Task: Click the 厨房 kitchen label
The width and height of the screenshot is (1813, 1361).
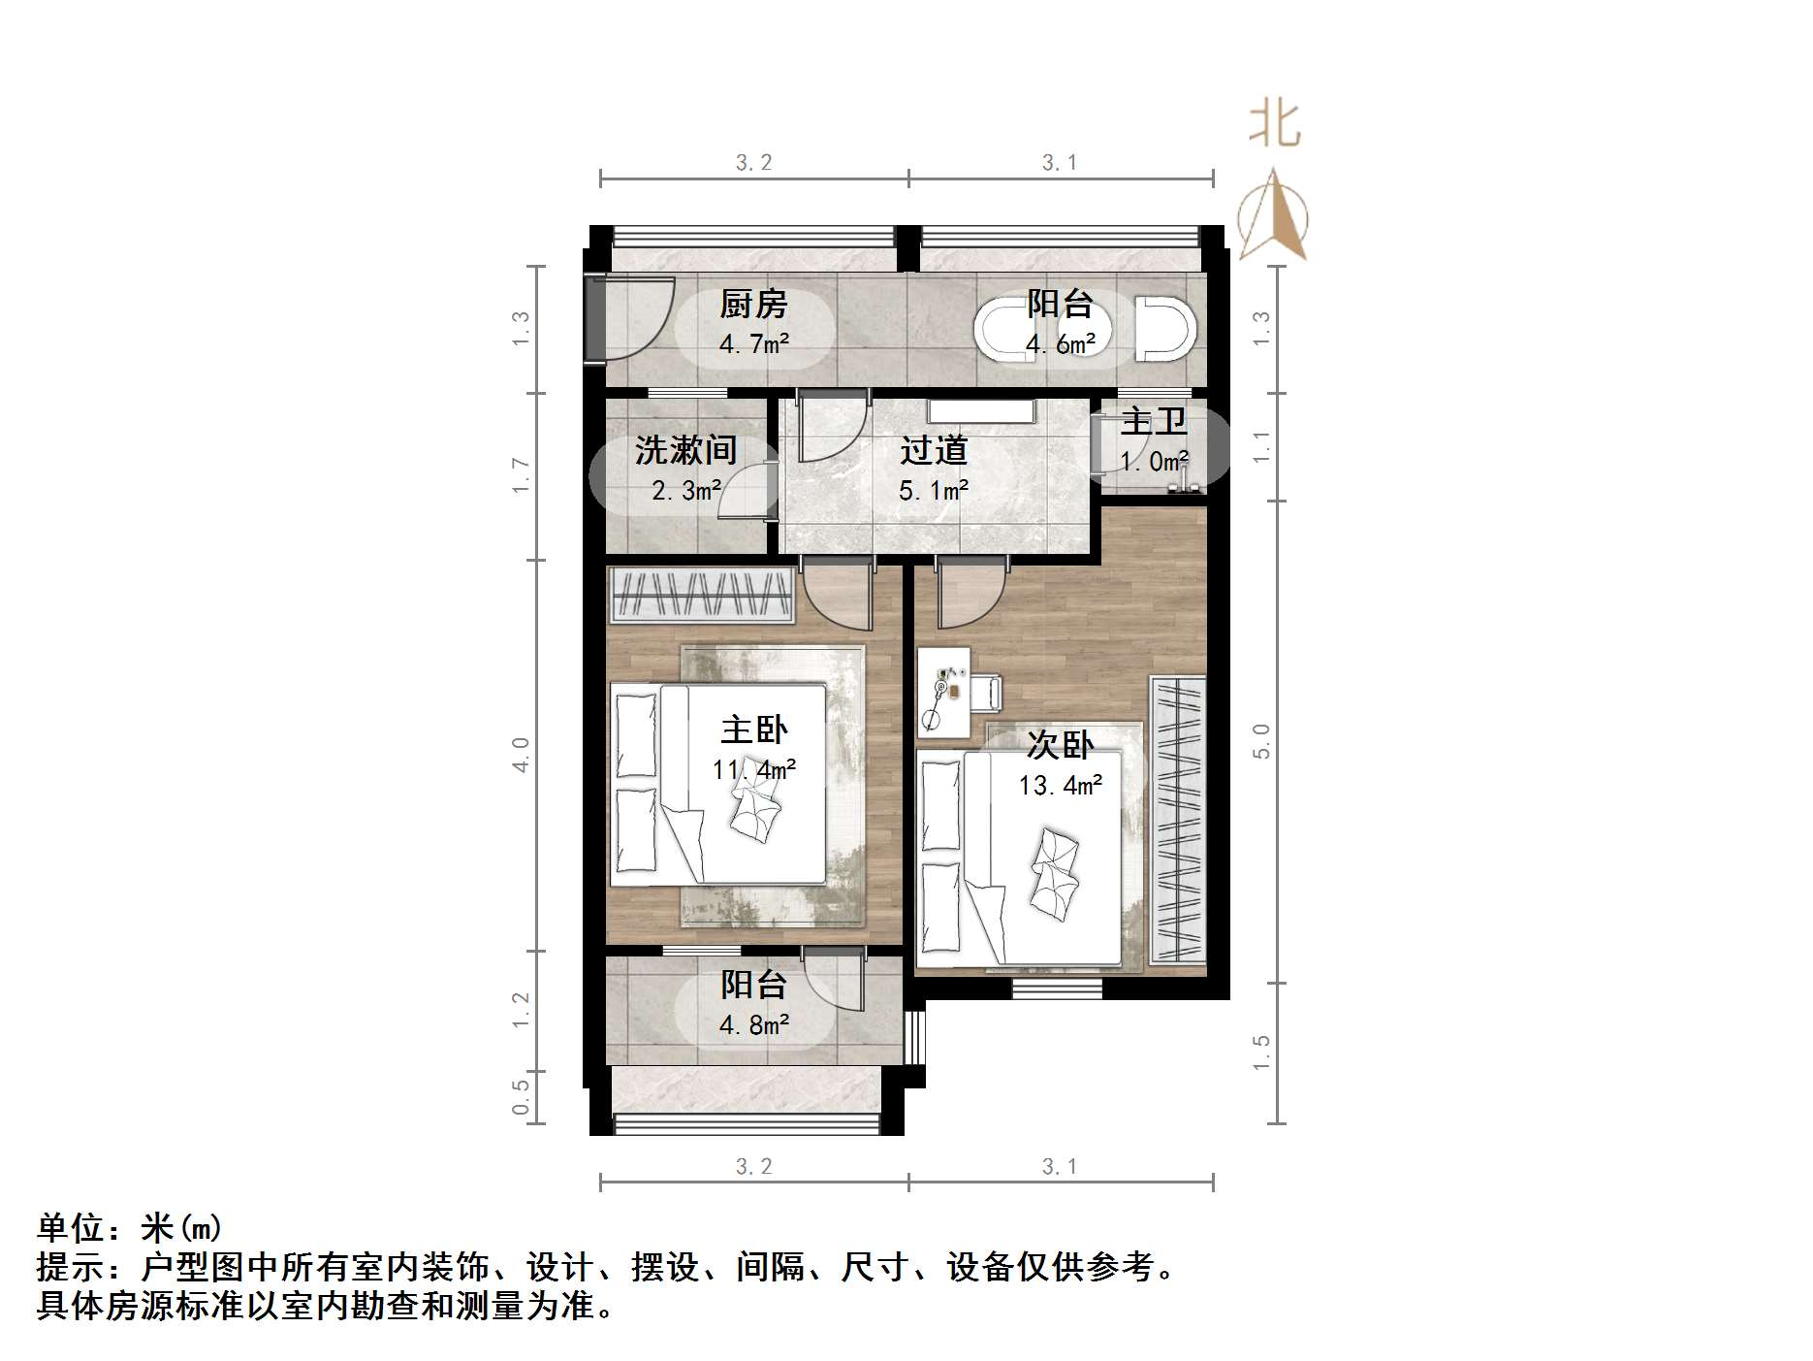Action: click(x=753, y=305)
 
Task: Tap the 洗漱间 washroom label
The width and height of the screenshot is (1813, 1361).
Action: click(x=685, y=450)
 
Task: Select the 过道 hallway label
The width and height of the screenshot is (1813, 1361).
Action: click(x=933, y=450)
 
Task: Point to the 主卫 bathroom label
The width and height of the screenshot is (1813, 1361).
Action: click(x=1154, y=422)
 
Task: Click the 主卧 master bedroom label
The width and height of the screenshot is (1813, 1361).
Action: click(x=753, y=729)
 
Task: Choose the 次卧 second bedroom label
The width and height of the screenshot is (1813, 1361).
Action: click(x=1060, y=745)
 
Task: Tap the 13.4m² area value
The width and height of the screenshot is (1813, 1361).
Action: click(x=1060, y=785)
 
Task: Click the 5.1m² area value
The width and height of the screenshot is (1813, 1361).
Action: click(x=933, y=491)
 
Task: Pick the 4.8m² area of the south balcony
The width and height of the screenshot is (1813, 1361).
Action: click(x=753, y=1025)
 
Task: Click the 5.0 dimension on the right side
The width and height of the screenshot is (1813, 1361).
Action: click(x=1261, y=741)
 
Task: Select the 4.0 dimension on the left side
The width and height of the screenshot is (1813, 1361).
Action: click(x=522, y=755)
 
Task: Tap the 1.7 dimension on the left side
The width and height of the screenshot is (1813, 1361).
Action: click(x=522, y=475)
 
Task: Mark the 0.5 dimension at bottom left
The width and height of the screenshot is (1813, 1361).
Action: click(x=522, y=1097)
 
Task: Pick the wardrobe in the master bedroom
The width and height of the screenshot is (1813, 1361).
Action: click(x=703, y=595)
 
